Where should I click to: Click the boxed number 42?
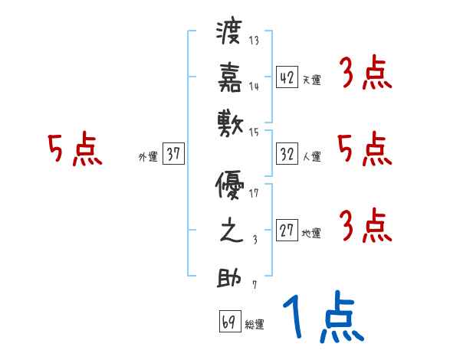pos(287,77)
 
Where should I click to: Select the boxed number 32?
pos(287,154)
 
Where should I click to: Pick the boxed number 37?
pos(173,155)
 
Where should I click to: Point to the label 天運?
pos(311,80)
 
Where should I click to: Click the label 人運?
pos(311,157)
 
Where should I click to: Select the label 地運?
pos(311,234)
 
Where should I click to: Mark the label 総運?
pos(255,324)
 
